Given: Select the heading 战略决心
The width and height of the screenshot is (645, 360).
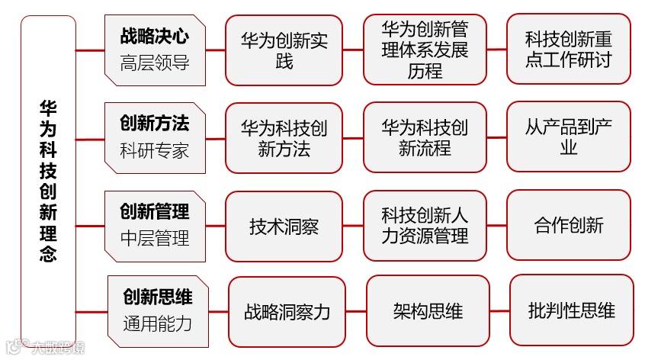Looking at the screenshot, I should [x=154, y=36].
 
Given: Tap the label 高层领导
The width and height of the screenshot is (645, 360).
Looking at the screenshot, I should [x=154, y=63].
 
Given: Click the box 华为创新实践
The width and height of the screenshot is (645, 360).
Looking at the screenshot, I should [x=284, y=50].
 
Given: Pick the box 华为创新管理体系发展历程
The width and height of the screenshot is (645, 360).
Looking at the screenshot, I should [x=425, y=50].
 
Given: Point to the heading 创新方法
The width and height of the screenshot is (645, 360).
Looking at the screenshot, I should [x=154, y=123].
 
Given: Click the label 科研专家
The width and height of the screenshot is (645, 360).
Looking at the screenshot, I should [x=154, y=149].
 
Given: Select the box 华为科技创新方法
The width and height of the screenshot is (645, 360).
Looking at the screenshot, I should [x=284, y=138].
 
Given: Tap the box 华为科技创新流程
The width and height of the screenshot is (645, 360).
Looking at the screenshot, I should [x=425, y=137].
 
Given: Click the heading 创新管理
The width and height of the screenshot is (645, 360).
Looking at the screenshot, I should [x=154, y=211].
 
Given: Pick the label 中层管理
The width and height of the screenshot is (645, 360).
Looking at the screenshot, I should [x=154, y=238].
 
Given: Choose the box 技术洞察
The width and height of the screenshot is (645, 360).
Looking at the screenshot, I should [x=284, y=226].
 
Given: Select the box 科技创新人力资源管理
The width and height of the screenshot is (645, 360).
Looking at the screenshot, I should [x=425, y=226].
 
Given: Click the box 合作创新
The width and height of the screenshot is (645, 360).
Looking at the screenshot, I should [x=568, y=225].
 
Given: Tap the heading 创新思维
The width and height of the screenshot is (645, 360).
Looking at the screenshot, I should [x=157, y=296].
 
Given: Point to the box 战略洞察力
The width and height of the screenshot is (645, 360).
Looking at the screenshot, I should [x=287, y=311].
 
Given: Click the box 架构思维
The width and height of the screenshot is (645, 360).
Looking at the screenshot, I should [x=428, y=310].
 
